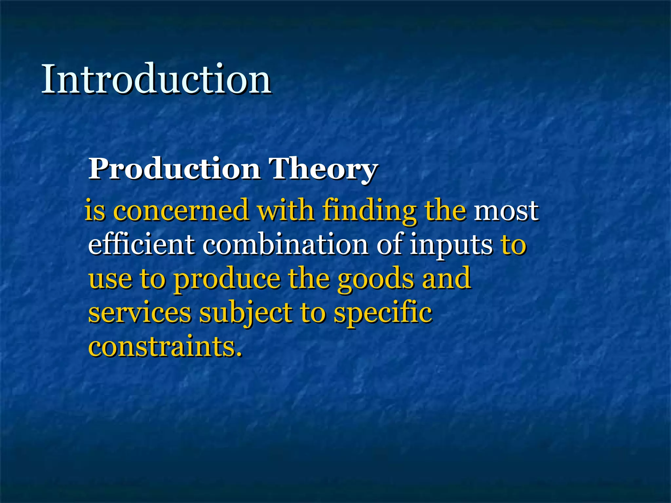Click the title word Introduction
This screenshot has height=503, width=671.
tap(156, 80)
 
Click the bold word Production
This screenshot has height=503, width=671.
tap(174, 169)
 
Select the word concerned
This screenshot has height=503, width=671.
tap(181, 211)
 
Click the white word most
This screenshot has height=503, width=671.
tap(506, 211)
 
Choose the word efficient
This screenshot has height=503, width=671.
tap(142, 244)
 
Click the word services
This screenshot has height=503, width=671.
tap(140, 313)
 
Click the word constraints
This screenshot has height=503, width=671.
tap(165, 347)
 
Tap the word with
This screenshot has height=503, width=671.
tap(285, 210)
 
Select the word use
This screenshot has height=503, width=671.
tap(110, 279)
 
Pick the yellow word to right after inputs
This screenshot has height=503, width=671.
tap(513, 245)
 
